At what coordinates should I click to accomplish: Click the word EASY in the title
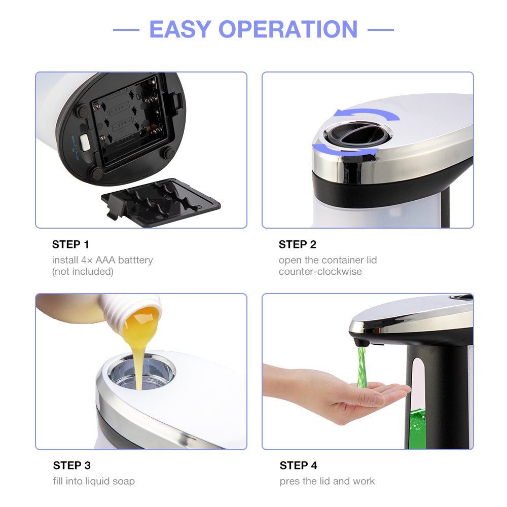[179, 29]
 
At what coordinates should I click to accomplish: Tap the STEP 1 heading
[70, 244]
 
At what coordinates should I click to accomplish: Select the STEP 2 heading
[297, 244]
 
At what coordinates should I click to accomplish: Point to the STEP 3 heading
[71, 465]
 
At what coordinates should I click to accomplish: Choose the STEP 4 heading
[299, 465]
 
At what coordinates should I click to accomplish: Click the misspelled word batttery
[134, 260]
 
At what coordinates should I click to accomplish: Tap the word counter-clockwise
[320, 271]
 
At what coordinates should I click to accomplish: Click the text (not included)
[83, 271]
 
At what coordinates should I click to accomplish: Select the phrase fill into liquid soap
[94, 481]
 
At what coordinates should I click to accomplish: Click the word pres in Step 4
[289, 481]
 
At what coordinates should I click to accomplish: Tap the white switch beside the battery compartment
[84, 142]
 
